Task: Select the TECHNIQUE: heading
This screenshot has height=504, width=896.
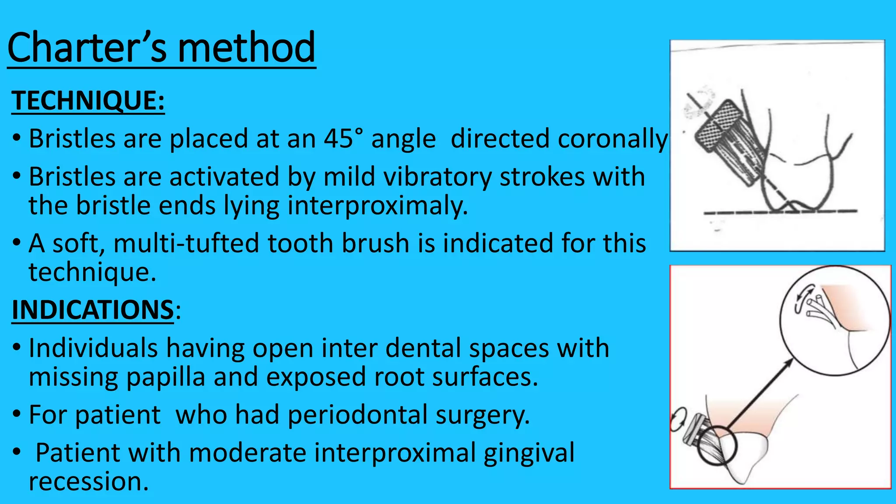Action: click(x=88, y=101)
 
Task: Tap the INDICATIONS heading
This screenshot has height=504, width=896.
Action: click(x=93, y=310)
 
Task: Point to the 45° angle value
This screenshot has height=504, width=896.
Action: click(x=343, y=139)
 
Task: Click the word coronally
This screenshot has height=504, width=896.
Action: click(x=559, y=139)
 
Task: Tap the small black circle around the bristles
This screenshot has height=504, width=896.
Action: click(x=717, y=446)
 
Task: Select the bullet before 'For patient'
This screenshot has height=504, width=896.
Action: click(x=17, y=414)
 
